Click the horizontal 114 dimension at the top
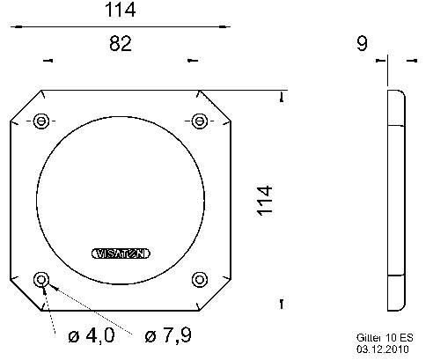120,12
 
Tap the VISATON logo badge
120,253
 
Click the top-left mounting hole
40,121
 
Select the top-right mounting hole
199,121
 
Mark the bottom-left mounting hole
40,280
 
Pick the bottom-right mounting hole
199,280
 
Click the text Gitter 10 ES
384,337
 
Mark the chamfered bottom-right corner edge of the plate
215,296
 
